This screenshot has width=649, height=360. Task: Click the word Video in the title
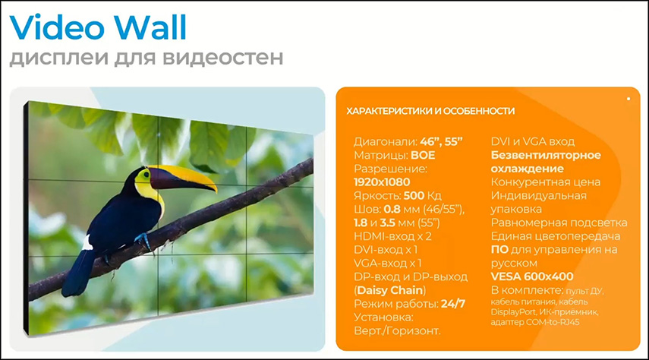click(x=58, y=27)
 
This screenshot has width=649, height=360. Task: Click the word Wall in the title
click(x=150, y=27)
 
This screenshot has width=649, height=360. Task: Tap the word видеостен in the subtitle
click(x=222, y=57)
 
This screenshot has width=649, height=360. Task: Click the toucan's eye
click(x=145, y=175)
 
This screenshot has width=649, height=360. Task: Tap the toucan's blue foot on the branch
click(x=143, y=240)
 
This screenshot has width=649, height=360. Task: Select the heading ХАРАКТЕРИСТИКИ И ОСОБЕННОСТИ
click(x=430, y=111)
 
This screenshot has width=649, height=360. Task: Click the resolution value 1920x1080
click(x=382, y=182)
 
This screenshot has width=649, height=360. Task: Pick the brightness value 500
click(x=414, y=195)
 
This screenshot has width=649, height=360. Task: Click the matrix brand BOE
click(x=423, y=156)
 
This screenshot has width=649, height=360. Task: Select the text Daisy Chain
click(x=390, y=290)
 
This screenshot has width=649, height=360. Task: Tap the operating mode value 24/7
click(x=453, y=304)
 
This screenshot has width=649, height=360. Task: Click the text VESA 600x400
click(x=532, y=276)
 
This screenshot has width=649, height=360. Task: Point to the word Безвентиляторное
click(x=546, y=156)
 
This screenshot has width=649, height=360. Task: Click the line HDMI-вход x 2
click(x=392, y=236)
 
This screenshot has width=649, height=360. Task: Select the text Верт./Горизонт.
click(x=397, y=330)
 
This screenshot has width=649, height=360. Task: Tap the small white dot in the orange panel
click(x=629, y=99)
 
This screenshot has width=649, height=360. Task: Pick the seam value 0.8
click(x=392, y=209)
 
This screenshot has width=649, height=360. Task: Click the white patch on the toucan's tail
click(x=87, y=242)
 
